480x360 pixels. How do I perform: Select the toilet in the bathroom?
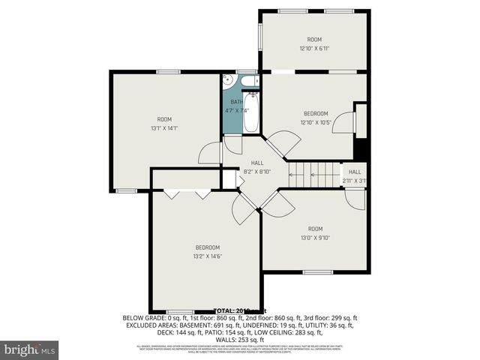252,80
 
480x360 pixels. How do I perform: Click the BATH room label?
236,102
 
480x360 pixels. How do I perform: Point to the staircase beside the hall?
315,175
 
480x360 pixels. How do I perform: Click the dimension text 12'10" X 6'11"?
315,49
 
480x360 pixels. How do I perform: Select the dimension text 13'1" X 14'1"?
163,128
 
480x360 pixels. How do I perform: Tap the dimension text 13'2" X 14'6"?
208,256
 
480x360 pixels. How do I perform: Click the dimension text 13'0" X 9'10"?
315,238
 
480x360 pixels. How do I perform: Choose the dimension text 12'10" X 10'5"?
315,122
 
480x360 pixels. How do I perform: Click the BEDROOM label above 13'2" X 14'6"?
208,247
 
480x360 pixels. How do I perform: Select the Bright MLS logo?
30,349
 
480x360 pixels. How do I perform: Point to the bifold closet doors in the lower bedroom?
187,193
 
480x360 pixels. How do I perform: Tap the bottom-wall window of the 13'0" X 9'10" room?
314,271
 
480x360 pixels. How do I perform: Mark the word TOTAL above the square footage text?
226,310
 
